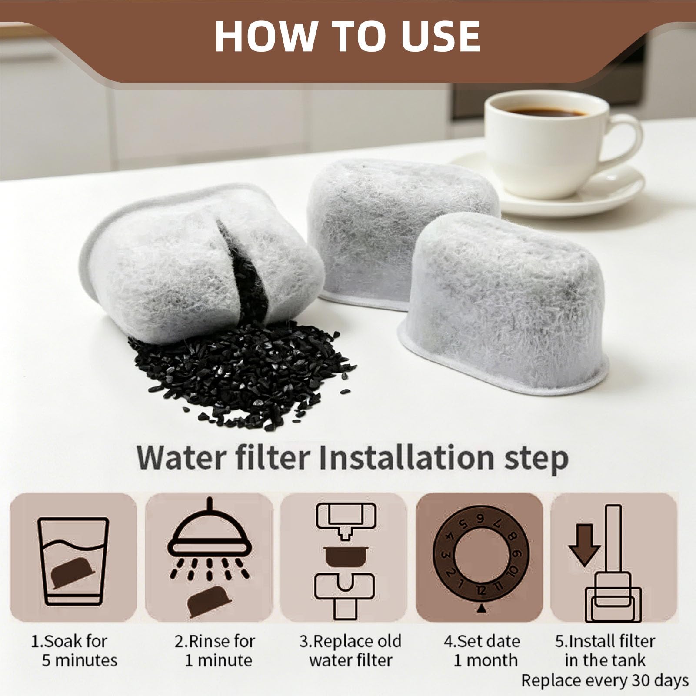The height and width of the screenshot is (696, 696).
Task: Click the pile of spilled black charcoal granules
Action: pos(243,374)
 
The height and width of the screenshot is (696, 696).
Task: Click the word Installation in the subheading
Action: pos(406,458)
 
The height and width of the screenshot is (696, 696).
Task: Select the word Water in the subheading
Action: pos(183,458)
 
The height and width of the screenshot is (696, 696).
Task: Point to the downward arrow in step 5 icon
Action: pos(584,545)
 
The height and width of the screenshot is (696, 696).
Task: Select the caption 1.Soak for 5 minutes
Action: pos(74,651)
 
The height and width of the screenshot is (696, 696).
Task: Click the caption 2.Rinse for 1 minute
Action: pos(216,651)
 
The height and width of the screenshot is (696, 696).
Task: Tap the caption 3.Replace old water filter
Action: pos(350,651)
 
